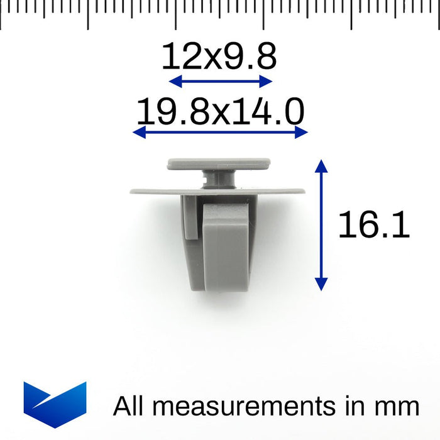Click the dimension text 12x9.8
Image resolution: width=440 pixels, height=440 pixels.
[x=219, y=56]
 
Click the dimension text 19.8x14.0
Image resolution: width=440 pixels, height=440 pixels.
[x=220, y=111]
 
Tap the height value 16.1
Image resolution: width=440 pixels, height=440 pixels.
[x=373, y=224]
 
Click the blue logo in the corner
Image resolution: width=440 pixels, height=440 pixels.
[x=55, y=404]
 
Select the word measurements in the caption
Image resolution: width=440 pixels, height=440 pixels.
[x=244, y=406]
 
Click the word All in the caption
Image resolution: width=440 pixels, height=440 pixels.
[x=128, y=406]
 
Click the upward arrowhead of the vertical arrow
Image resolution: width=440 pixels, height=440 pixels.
[x=321, y=165]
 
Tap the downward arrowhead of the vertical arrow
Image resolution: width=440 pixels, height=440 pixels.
[x=321, y=284]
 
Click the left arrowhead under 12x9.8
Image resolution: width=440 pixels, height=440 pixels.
[x=175, y=81]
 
